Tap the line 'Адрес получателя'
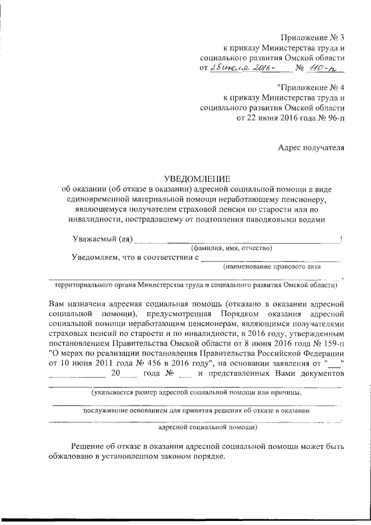pos(312,147)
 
